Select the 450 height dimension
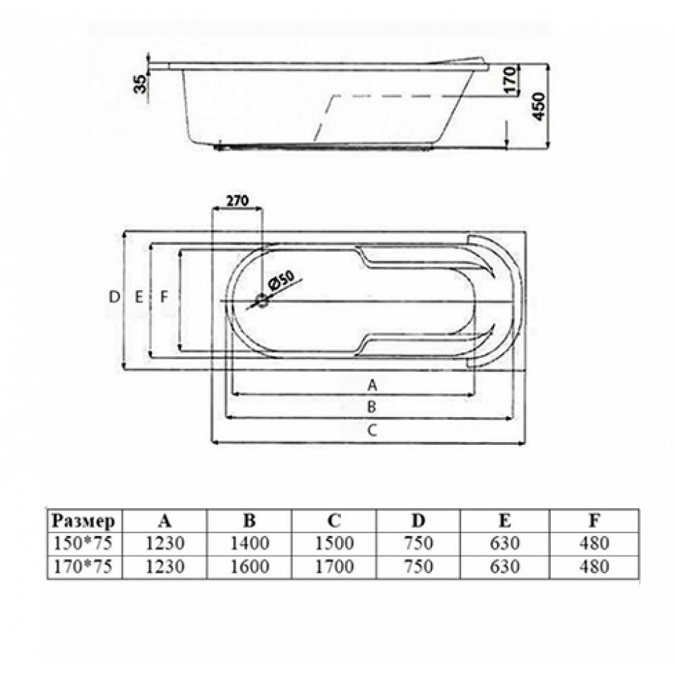(539, 106)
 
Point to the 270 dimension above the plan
(238, 200)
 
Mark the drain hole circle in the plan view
(262, 300)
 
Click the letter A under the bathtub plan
(373, 385)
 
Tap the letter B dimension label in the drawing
(371, 406)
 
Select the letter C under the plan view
(373, 429)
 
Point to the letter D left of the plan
(114, 296)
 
